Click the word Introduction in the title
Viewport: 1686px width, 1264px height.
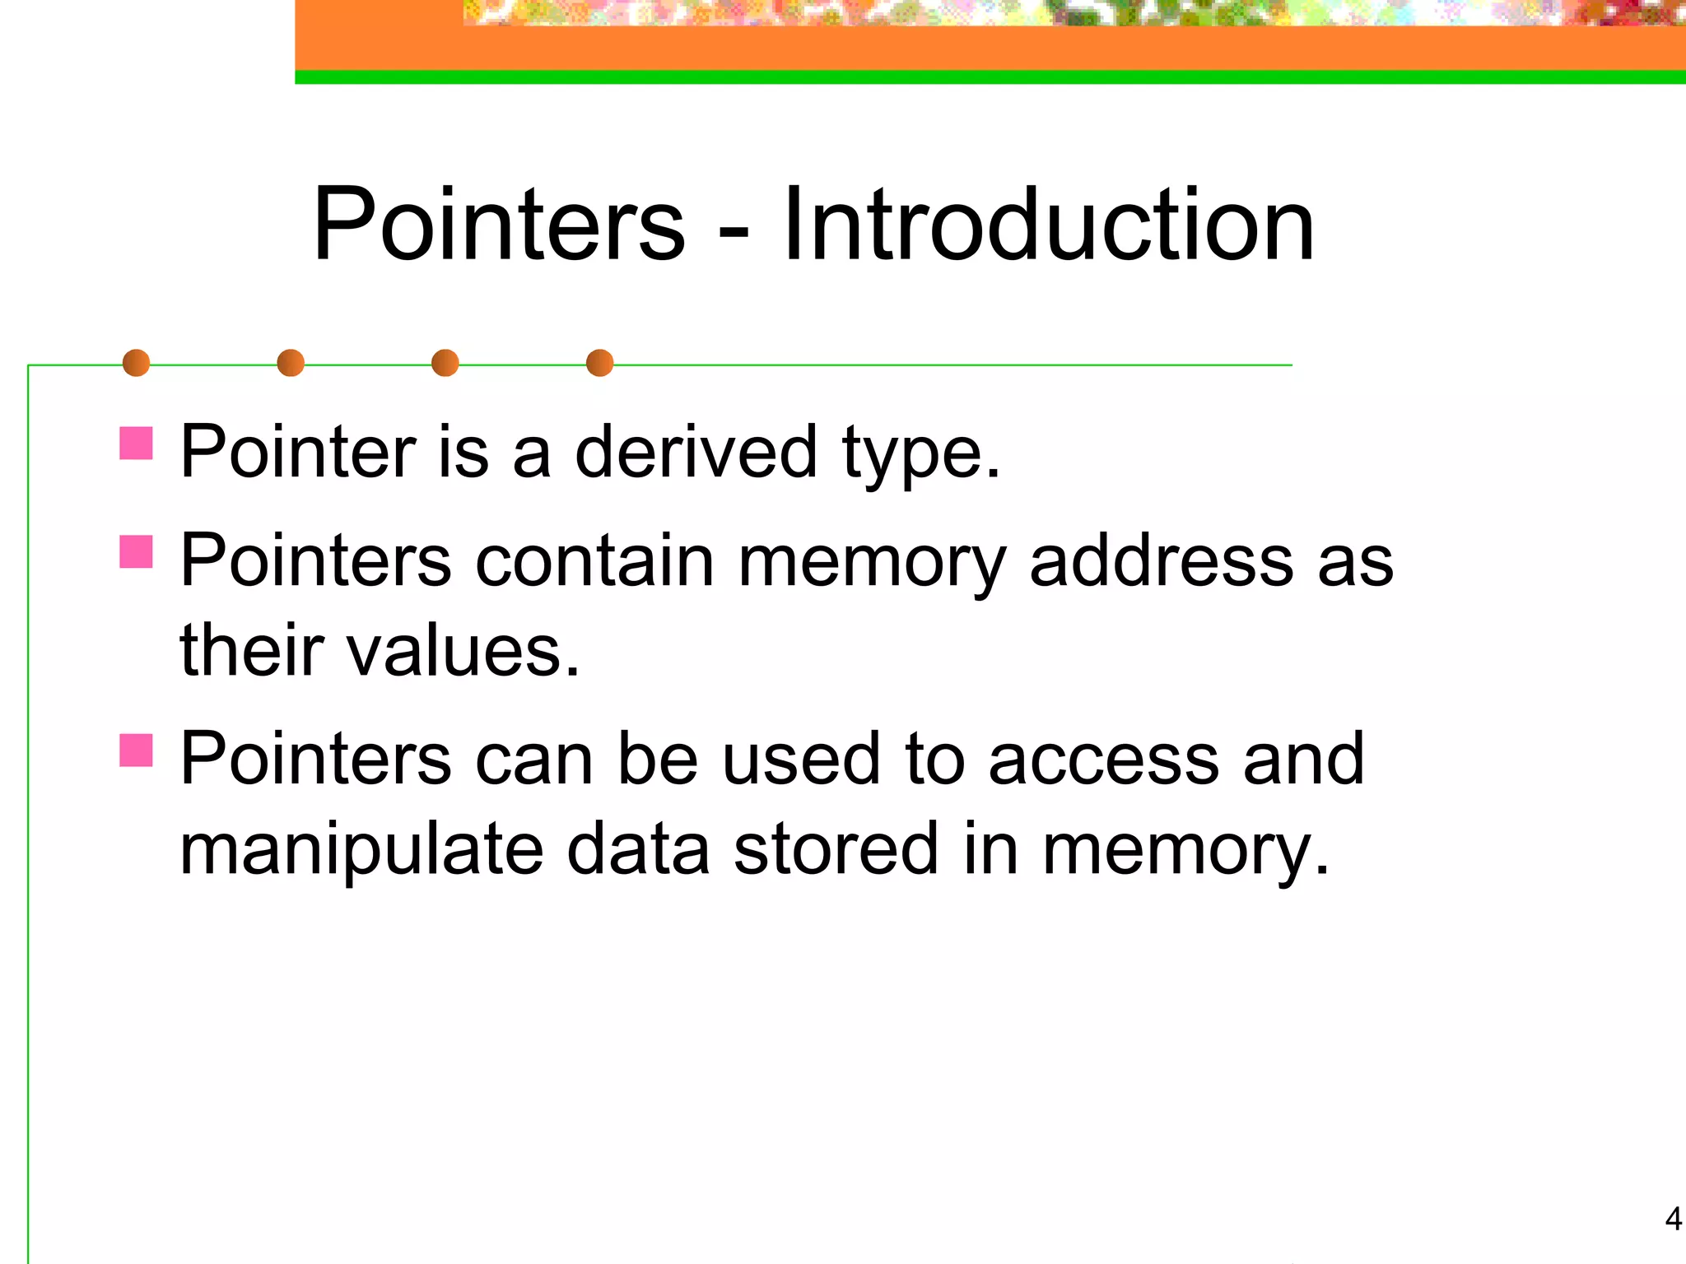click(x=1048, y=225)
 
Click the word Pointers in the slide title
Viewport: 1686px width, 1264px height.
click(x=499, y=225)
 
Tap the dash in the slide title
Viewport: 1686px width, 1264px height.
click(x=734, y=235)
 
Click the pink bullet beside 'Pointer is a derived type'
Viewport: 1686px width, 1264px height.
click(x=136, y=443)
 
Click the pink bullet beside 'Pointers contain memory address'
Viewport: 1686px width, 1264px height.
click(x=136, y=552)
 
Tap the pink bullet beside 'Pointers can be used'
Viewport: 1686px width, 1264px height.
click(x=136, y=750)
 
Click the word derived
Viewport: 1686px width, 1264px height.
click(x=696, y=452)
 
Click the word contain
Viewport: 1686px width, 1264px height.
click(x=595, y=561)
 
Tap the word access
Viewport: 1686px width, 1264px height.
click(x=1103, y=760)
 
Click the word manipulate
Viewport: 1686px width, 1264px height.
click(x=361, y=850)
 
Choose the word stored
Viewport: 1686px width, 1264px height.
click(x=836, y=850)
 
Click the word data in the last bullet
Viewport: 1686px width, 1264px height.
click(x=638, y=850)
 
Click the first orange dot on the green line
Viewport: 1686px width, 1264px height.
click(x=136, y=363)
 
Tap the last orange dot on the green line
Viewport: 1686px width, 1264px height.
click(x=599, y=363)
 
